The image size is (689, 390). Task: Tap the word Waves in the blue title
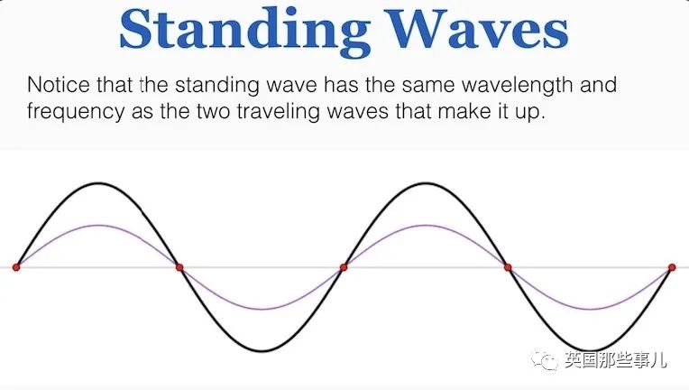click(477, 27)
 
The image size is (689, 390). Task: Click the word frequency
click(76, 112)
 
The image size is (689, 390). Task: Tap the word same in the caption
click(429, 86)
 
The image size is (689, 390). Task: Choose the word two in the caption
click(214, 112)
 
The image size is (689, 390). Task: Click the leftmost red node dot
click(16, 267)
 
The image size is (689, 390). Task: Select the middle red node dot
click(344, 267)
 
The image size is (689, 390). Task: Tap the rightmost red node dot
click(672, 267)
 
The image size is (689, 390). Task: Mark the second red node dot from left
click(179, 267)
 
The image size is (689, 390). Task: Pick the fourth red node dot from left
click(508, 267)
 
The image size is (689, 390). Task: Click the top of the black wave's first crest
click(98, 183)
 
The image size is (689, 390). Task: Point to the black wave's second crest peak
click(426, 183)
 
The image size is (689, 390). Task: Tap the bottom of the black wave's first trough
click(262, 351)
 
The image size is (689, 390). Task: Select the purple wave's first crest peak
click(98, 226)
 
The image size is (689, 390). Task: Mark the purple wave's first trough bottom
click(262, 309)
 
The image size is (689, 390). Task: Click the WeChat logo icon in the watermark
click(545, 359)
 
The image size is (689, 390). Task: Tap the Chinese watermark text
click(616, 360)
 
